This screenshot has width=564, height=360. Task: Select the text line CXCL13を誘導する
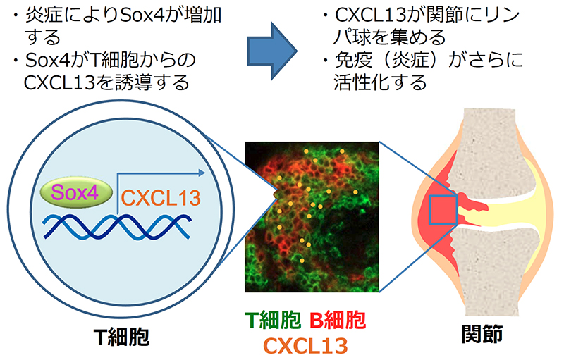click(106, 82)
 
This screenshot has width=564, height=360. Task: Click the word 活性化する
click(381, 82)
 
